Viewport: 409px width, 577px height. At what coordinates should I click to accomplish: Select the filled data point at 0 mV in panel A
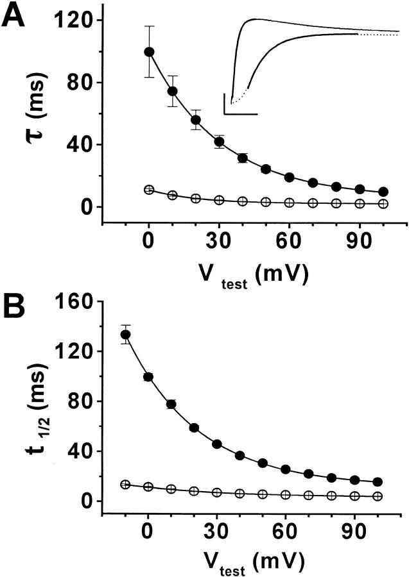(x=149, y=51)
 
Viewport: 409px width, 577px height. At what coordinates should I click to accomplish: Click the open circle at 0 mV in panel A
(x=149, y=190)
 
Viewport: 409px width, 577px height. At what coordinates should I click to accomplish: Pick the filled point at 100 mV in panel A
(x=383, y=192)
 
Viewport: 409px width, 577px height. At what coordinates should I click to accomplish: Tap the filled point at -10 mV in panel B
(x=126, y=335)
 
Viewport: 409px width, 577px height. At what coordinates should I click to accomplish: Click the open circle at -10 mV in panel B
(x=126, y=484)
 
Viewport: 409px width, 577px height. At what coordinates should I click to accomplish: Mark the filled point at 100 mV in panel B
(x=378, y=482)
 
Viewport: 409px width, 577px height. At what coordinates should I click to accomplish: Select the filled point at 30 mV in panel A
(x=219, y=142)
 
